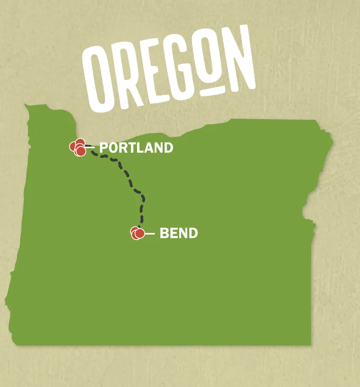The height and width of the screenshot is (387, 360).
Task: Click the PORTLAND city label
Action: [x=136, y=148]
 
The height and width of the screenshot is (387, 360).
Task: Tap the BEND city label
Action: [x=178, y=233]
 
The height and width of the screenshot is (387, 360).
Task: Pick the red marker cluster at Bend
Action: [x=137, y=233]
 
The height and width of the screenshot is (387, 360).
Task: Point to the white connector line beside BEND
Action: [x=149, y=234]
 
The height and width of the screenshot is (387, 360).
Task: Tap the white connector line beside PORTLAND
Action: [x=90, y=147]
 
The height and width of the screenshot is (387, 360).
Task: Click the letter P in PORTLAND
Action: [x=104, y=148]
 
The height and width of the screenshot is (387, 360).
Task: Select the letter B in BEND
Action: [x=164, y=233]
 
